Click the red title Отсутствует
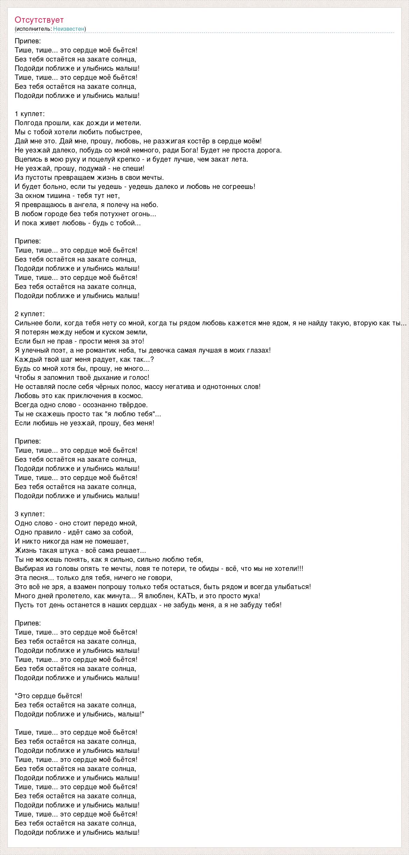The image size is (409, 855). [39, 20]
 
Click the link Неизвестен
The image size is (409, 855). [69, 29]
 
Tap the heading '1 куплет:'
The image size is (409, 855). [30, 114]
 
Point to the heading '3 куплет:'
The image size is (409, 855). [30, 514]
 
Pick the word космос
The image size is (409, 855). [132, 396]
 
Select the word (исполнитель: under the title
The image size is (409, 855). [33, 29]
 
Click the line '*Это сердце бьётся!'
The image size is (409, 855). [49, 696]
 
